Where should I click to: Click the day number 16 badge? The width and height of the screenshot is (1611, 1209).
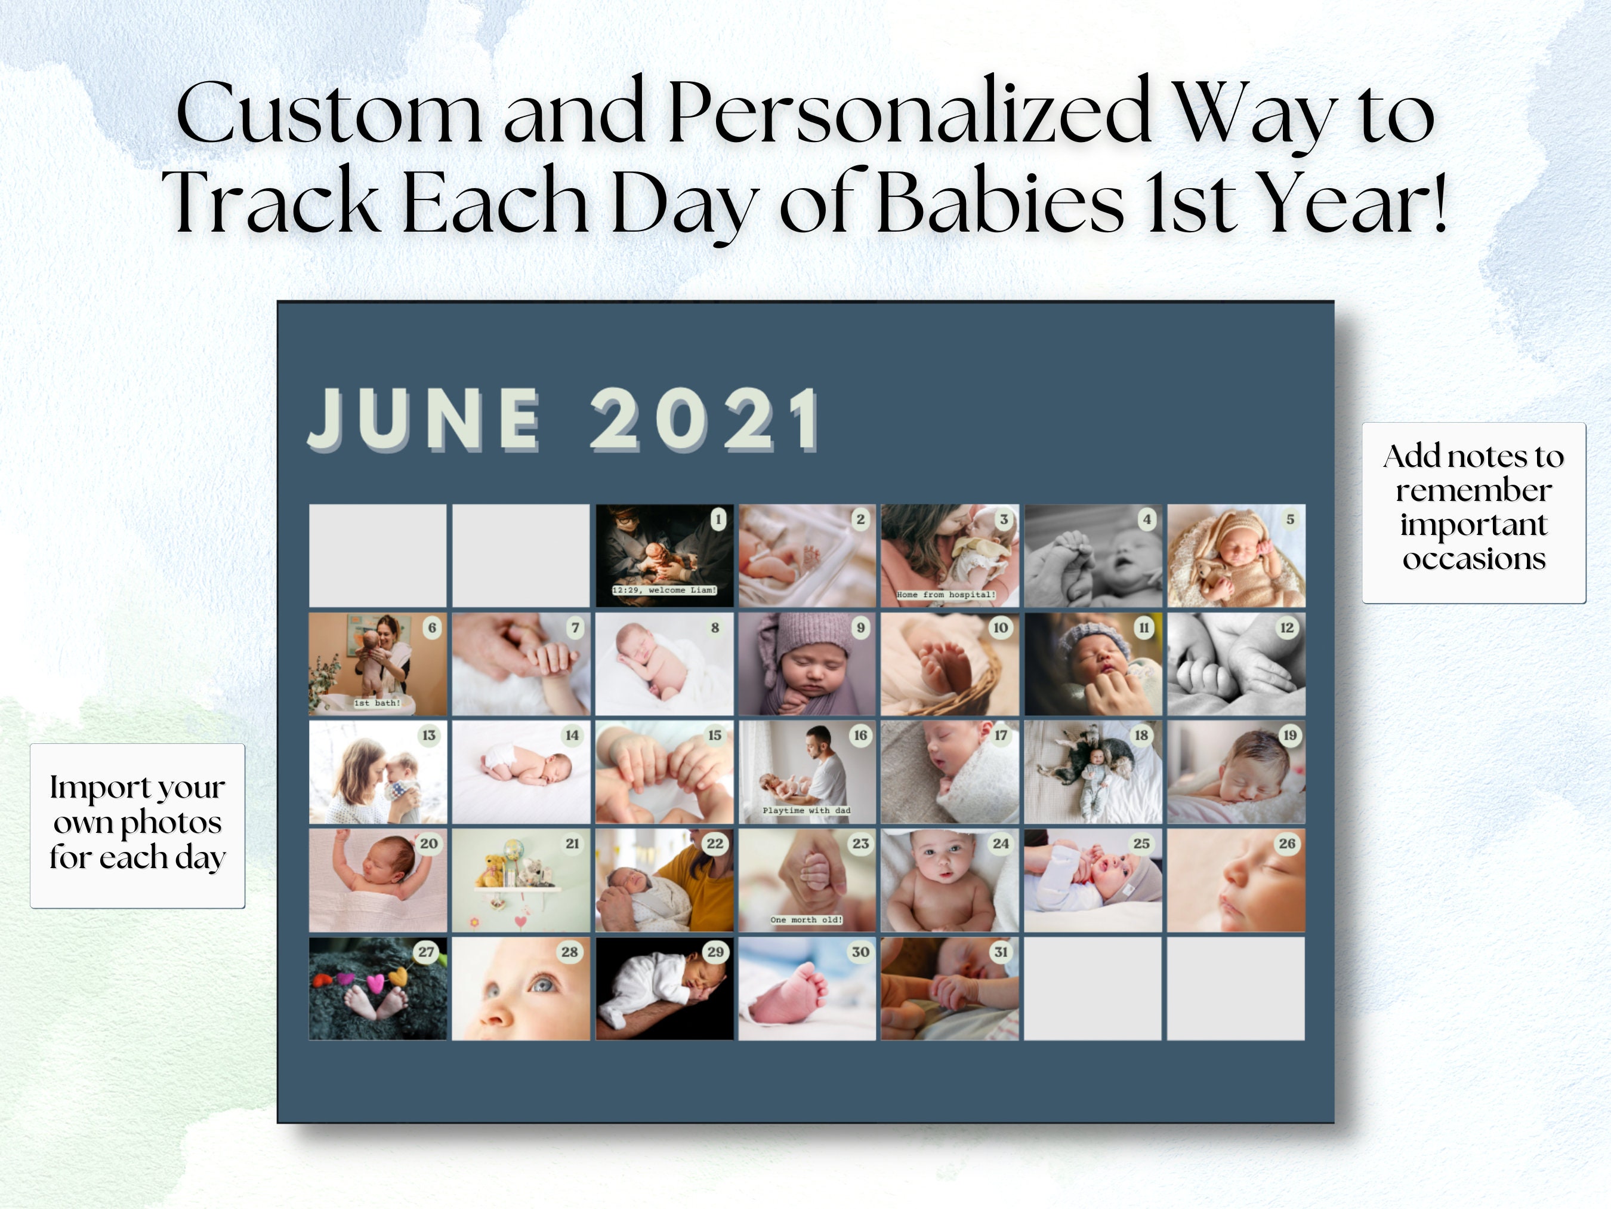[860, 736]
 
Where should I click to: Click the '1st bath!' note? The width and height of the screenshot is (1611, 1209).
[376, 703]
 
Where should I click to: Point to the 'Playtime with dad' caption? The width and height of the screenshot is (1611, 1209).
[806, 810]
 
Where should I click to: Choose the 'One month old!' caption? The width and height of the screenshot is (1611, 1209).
[806, 919]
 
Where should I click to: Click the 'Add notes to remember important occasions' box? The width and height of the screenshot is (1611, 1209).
[1473, 512]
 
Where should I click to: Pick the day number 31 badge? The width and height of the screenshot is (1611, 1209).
[1001, 952]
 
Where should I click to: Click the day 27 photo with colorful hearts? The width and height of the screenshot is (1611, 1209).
[377, 989]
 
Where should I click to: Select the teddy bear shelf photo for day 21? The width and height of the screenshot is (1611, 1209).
[520, 881]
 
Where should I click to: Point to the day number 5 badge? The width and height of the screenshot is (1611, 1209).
[1290, 519]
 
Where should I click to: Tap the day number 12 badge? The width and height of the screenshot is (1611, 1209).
[1287, 627]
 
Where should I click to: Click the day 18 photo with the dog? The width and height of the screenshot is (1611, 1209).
[1092, 773]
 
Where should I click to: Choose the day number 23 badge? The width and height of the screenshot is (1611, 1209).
[860, 844]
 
